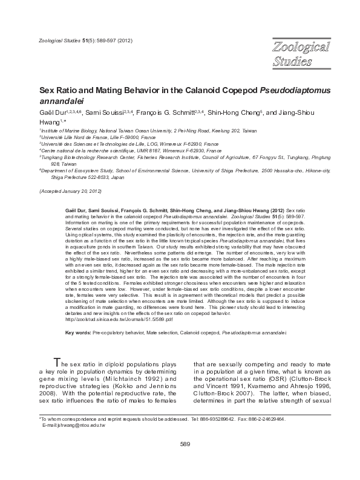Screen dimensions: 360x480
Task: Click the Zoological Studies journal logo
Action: pos(300,54)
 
